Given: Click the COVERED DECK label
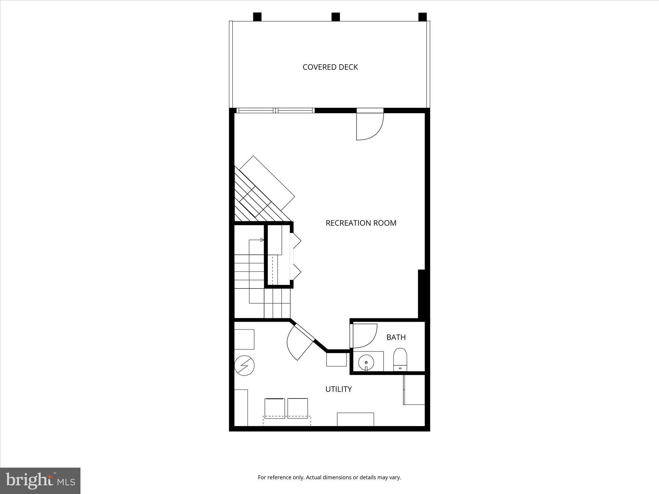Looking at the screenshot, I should [x=330, y=67].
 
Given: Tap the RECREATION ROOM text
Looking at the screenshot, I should [x=361, y=223].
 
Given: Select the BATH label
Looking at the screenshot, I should [x=396, y=337].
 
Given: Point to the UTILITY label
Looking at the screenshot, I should [x=339, y=389].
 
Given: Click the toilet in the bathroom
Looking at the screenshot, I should [x=400, y=359].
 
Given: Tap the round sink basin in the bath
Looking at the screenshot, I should [x=366, y=362].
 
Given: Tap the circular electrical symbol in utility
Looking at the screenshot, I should [x=244, y=365].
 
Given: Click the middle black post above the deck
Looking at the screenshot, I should [x=336, y=17].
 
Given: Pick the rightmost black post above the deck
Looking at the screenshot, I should [x=422, y=17].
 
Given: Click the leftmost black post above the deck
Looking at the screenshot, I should [x=257, y=17].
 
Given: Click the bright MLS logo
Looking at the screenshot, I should [x=40, y=481].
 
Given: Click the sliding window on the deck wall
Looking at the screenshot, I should [x=275, y=110].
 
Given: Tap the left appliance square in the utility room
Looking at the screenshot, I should [x=274, y=408].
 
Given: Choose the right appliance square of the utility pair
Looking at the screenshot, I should [x=298, y=408].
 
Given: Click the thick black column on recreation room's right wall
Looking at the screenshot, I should [x=422, y=294].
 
